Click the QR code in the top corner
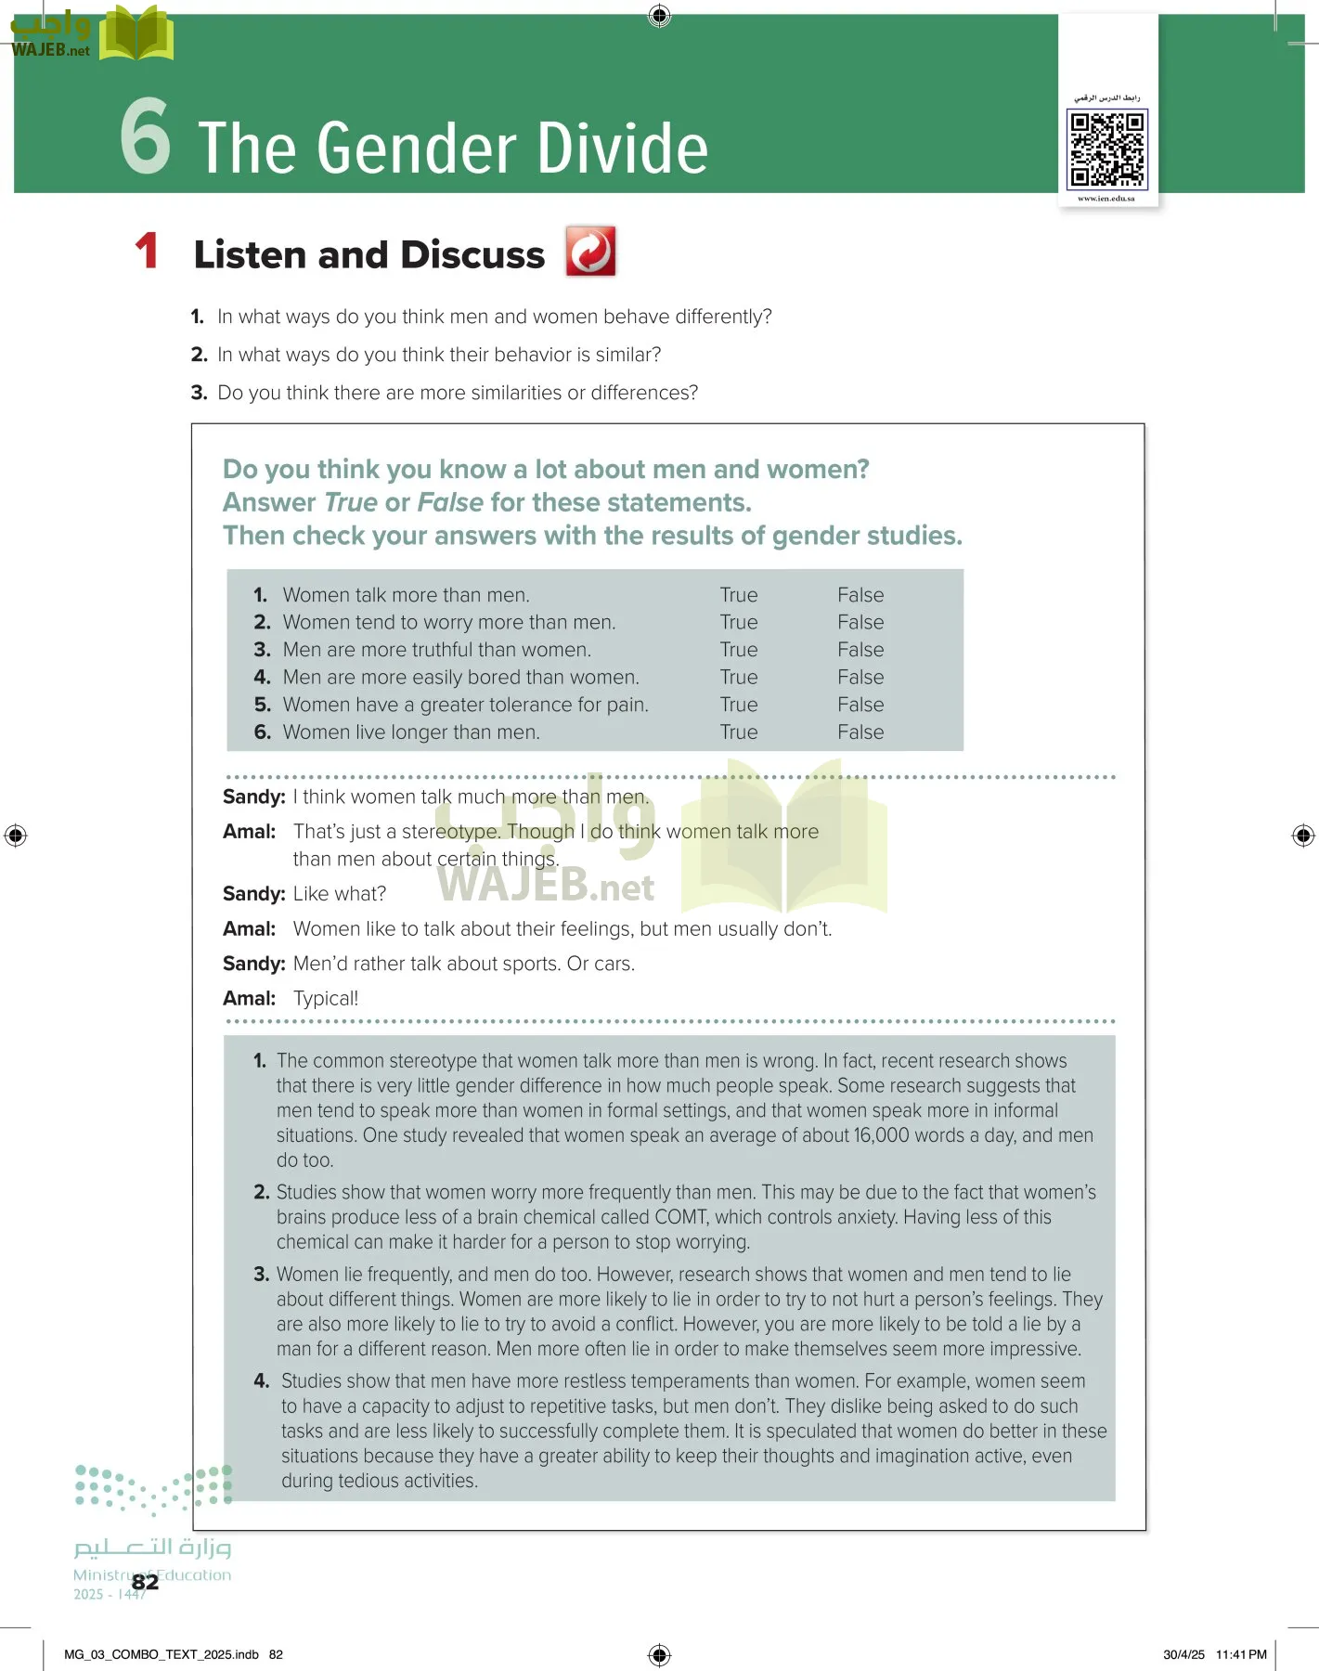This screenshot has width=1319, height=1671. [1106, 149]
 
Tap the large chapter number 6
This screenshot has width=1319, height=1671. [146, 137]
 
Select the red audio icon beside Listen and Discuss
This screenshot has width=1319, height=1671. [590, 252]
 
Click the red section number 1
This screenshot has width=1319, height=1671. [147, 252]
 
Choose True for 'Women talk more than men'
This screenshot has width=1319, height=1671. [739, 595]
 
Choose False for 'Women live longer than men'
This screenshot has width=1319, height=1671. [860, 732]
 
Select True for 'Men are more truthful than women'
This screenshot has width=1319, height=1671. [739, 650]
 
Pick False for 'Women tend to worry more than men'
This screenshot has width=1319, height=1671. [860, 622]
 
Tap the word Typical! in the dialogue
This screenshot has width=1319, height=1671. [326, 999]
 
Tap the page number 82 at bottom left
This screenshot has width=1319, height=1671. [145, 1582]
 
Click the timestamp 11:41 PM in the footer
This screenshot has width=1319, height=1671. [1241, 1654]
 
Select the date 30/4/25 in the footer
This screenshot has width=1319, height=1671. [1183, 1654]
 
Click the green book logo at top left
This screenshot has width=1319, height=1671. [136, 34]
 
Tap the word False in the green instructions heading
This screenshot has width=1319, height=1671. [450, 502]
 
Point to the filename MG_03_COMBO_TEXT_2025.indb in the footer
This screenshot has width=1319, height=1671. [162, 1654]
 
